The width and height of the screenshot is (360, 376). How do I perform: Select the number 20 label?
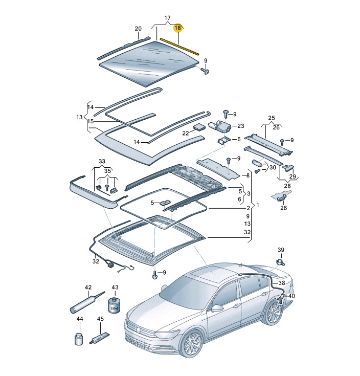click(138, 28)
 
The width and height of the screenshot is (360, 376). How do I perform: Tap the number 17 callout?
click(167, 18)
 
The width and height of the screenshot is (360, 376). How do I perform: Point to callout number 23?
click(241, 126)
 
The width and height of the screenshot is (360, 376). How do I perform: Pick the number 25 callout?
click(271, 118)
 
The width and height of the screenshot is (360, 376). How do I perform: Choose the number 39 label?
click(280, 250)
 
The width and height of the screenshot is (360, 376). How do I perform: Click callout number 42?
click(88, 287)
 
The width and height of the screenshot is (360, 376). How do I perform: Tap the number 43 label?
click(115, 287)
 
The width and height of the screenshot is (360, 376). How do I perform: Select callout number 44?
click(80, 319)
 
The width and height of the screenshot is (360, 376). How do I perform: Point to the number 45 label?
click(101, 319)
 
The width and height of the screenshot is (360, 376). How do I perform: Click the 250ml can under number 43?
click(114, 306)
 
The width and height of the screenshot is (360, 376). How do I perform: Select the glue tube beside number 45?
click(99, 338)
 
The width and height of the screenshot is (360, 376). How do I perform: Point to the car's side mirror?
click(218, 308)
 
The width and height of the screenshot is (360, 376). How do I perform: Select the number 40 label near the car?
click(292, 296)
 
